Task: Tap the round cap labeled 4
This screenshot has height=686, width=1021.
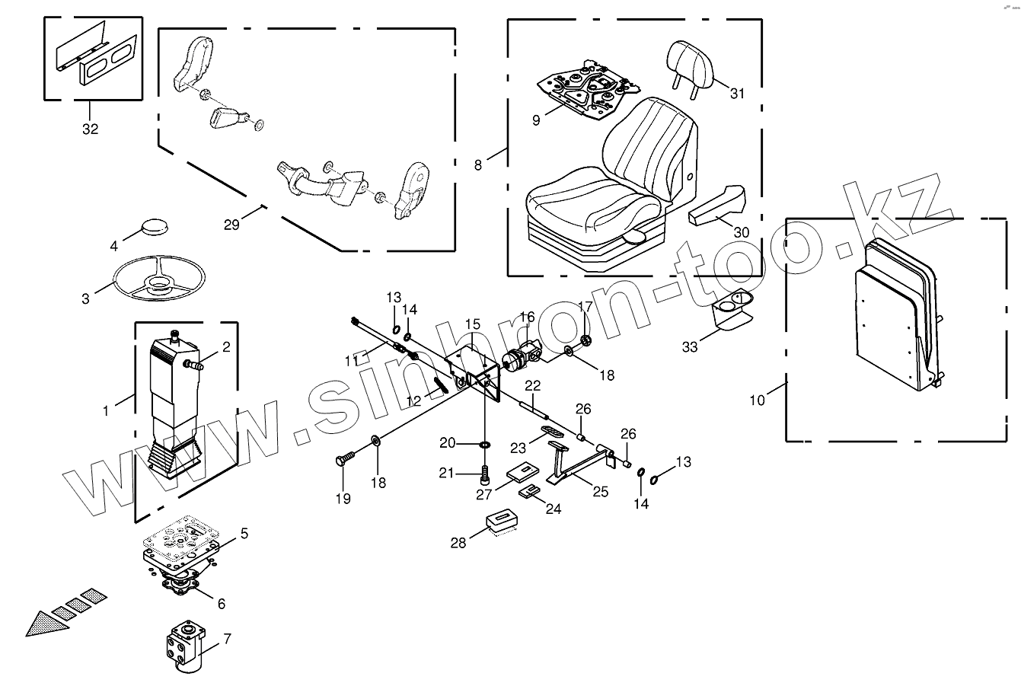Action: pyautogui.click(x=157, y=228)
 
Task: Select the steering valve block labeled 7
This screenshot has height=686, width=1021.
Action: pyautogui.click(x=185, y=646)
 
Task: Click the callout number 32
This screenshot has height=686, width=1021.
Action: pyautogui.click(x=90, y=129)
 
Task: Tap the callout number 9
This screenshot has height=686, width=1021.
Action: pyautogui.click(x=536, y=120)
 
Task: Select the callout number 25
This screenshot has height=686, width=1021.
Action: pyautogui.click(x=600, y=492)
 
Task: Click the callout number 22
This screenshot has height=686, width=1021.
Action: pyautogui.click(x=532, y=385)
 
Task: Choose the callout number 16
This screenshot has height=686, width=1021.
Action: pyautogui.click(x=528, y=317)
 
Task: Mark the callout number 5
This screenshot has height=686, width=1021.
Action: pyautogui.click(x=244, y=534)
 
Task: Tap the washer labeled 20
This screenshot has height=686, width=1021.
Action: pyautogui.click(x=485, y=443)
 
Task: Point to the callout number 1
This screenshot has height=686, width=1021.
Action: pyautogui.click(x=107, y=410)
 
